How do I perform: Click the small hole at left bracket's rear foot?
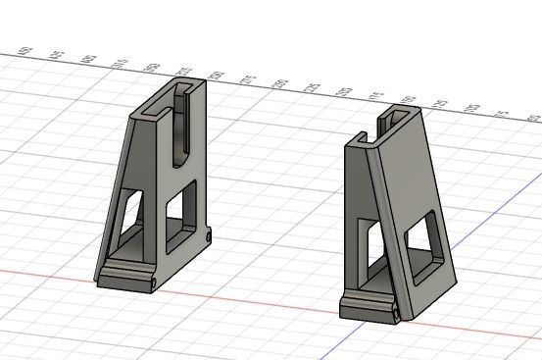(210, 235)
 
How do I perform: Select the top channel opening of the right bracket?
(396, 120)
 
